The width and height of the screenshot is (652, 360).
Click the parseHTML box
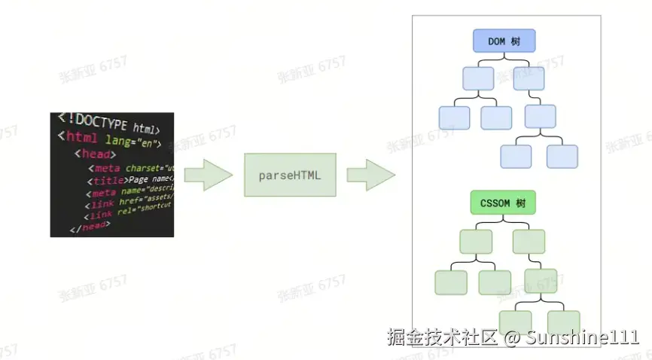289,175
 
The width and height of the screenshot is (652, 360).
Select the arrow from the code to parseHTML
208,175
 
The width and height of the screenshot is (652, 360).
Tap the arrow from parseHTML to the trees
370,175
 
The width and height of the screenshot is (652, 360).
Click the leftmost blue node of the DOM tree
454,117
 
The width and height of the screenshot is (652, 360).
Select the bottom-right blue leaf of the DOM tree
562,156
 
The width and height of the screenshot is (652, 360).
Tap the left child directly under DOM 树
477,78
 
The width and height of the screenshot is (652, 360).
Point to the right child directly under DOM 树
529,78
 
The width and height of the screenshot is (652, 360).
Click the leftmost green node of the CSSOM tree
450,282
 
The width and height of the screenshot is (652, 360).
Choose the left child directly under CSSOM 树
476,241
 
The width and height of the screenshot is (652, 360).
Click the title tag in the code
109,181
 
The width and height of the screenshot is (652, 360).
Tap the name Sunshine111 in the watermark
582,337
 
